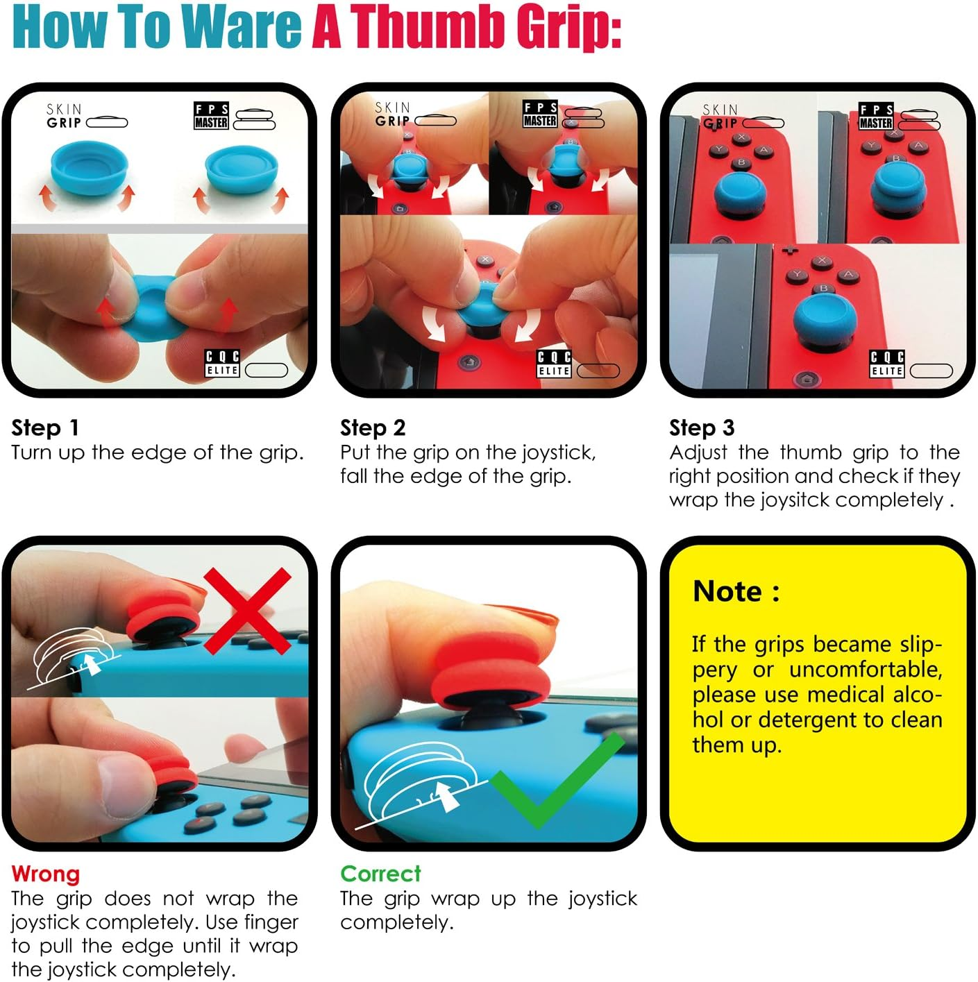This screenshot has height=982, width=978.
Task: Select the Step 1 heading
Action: click(x=45, y=428)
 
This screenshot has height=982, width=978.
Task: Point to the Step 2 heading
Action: click(x=373, y=428)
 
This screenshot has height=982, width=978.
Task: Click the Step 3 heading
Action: click(x=702, y=428)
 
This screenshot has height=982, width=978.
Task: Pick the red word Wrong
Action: click(x=45, y=874)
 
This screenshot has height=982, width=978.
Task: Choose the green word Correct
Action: click(x=380, y=874)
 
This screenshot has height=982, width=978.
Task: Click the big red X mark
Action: click(x=248, y=611)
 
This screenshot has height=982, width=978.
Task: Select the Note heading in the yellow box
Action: click(x=736, y=592)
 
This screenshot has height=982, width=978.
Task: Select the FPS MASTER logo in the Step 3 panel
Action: click(x=876, y=116)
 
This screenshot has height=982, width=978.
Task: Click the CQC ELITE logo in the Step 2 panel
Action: click(x=554, y=364)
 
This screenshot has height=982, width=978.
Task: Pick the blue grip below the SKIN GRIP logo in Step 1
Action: click(x=89, y=168)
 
